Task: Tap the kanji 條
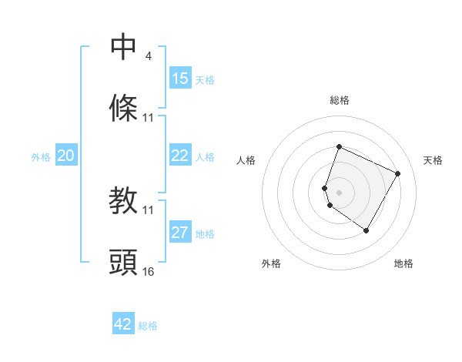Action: coord(124,108)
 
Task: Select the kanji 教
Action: coord(124,201)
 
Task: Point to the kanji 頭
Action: coord(124,263)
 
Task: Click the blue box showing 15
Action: coord(180,79)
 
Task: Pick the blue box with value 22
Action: coord(180,156)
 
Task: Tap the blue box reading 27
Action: coord(180,233)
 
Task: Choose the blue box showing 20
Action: coord(65,156)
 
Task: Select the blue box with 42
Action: coord(123,324)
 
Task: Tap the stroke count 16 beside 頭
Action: coord(149,272)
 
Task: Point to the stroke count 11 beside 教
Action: coord(149,209)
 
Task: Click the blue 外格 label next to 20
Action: coord(41,157)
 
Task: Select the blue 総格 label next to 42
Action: coord(148,326)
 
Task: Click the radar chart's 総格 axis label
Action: coord(339,100)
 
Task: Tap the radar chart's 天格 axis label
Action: coord(434,160)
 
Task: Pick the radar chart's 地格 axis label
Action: coord(403,263)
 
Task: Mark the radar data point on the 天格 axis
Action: coord(398,173)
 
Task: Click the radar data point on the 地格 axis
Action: coord(367,230)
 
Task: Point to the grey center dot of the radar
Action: coord(339,192)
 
